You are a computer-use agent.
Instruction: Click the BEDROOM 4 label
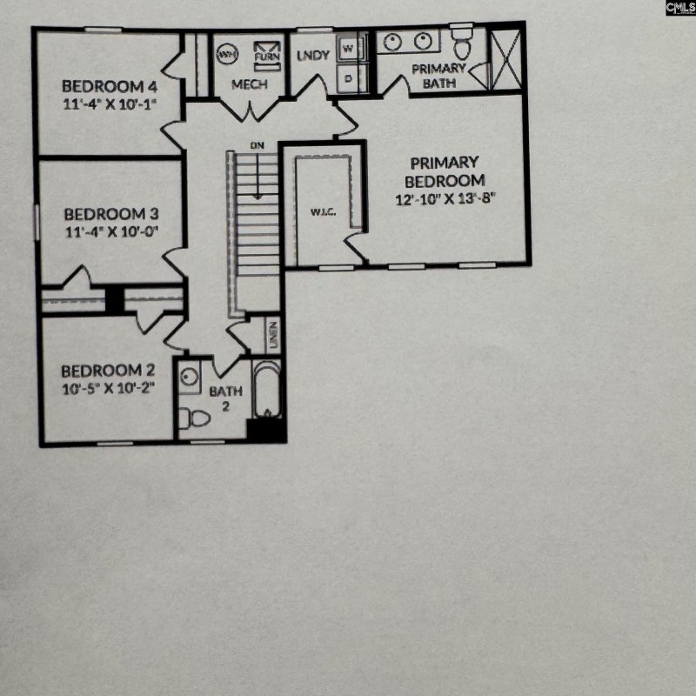(109, 86)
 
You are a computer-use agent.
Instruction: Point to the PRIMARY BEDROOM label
(444, 171)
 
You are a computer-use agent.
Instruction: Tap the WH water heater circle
(229, 53)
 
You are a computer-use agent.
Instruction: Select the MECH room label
(249, 84)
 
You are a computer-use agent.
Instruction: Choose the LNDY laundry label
(312, 55)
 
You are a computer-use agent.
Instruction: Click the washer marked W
(349, 49)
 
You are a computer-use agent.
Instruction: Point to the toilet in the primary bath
(461, 43)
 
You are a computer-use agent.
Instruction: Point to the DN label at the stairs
(257, 144)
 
